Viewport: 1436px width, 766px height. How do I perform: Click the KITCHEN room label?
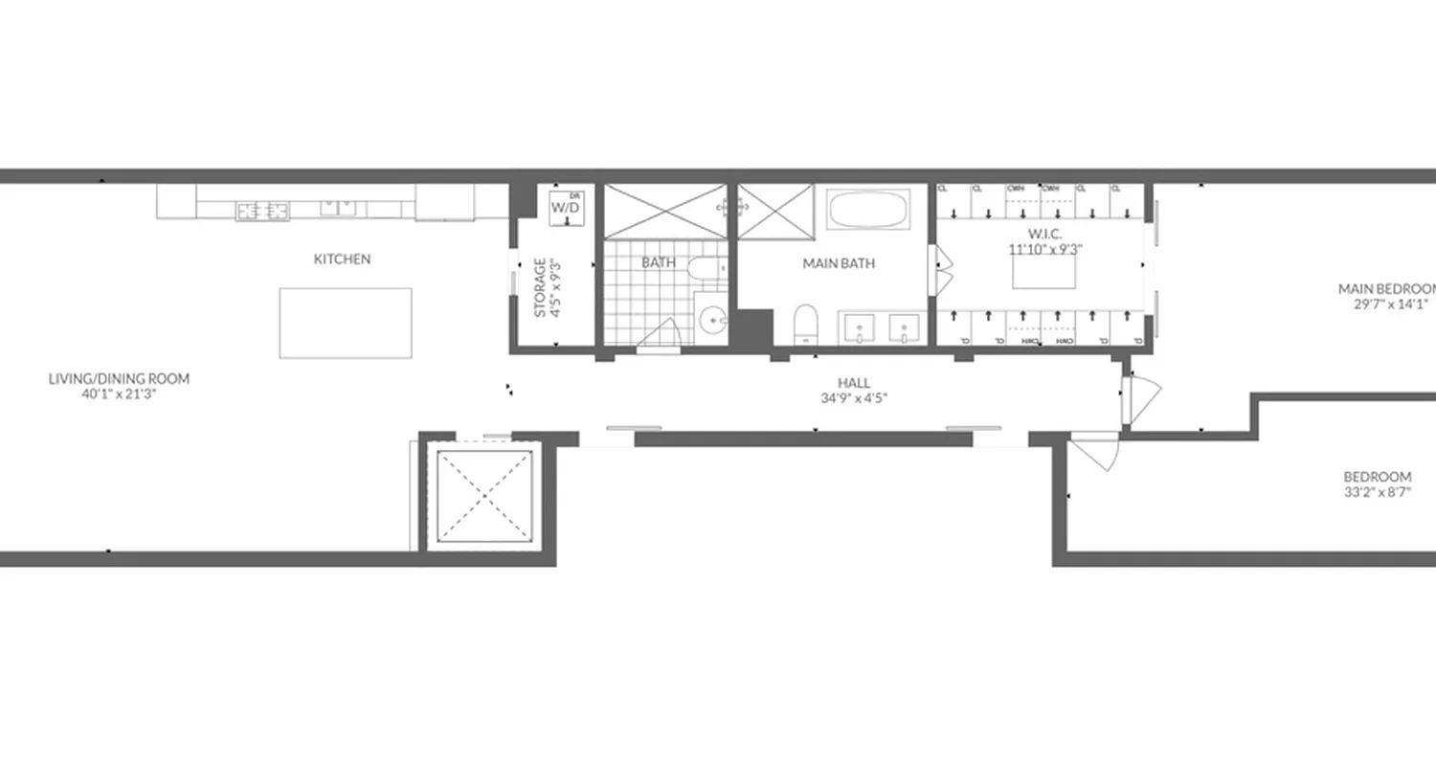342,259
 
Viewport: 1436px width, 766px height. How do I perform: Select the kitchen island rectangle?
346,323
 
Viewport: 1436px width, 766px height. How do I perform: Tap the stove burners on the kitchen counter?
263,210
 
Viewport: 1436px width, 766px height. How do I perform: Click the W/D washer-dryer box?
565,207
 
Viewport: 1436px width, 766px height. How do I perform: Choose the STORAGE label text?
540,287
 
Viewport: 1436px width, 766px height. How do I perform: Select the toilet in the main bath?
806,323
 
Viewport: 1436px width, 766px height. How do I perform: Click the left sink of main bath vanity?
862,329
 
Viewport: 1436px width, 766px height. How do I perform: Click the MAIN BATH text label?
839,263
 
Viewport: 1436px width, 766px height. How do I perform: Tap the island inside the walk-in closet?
1044,273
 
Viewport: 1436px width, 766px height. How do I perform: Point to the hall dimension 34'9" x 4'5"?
846,398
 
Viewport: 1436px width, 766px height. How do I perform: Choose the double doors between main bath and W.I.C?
943,270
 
